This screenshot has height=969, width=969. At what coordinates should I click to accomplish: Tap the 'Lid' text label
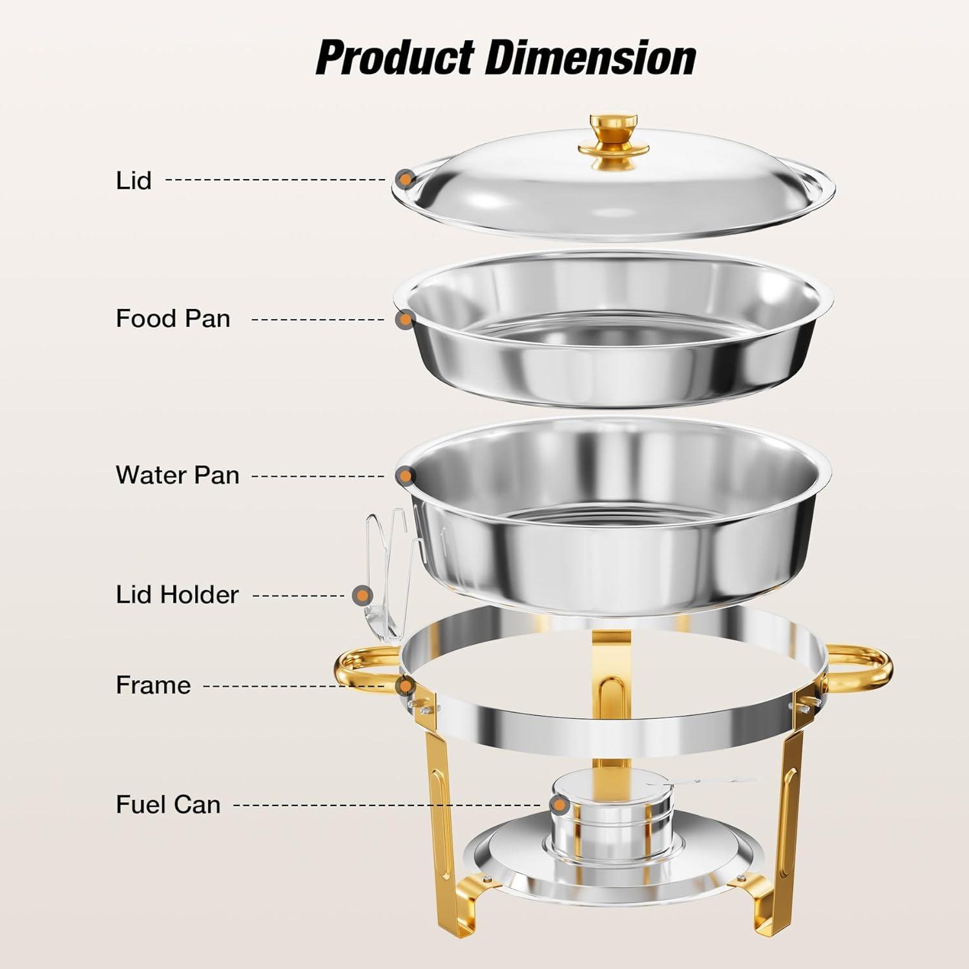[134, 180]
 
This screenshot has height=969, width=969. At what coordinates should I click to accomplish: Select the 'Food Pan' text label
[172, 318]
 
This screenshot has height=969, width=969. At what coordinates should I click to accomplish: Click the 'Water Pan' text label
[178, 475]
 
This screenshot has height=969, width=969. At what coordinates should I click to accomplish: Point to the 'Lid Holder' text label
[177, 594]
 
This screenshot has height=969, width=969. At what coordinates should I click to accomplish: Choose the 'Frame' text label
[153, 685]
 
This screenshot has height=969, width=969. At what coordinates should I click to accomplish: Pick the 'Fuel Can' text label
[168, 804]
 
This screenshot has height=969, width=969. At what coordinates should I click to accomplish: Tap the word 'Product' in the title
[395, 58]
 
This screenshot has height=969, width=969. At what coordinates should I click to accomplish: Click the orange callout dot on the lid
[406, 179]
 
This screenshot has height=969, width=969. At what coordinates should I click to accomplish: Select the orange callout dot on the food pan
[405, 319]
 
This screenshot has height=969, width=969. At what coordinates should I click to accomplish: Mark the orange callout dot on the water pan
[405, 477]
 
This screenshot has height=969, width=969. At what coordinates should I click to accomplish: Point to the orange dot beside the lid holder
[364, 595]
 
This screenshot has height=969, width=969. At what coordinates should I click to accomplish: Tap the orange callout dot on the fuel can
[559, 806]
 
